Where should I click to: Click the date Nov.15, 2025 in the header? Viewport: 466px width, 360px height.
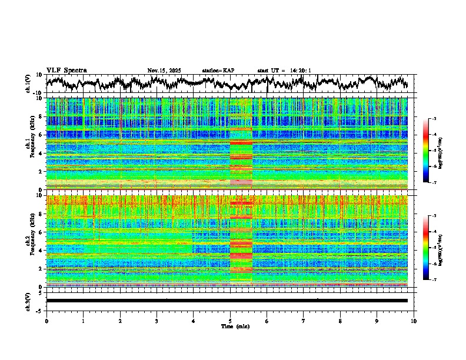coord(164,71)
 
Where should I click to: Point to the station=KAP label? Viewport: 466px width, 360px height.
coord(218,71)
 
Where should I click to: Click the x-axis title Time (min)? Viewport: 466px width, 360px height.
coord(232,326)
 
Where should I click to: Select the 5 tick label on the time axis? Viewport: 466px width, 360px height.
coord(230,321)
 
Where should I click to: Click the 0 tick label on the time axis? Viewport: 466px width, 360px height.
coord(46,321)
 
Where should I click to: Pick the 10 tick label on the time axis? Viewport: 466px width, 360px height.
coord(414,321)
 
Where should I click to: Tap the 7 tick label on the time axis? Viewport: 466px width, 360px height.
coord(304,321)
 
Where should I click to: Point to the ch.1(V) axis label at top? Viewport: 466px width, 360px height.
coord(28,84)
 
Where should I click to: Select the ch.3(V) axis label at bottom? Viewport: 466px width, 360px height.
coord(28,301)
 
